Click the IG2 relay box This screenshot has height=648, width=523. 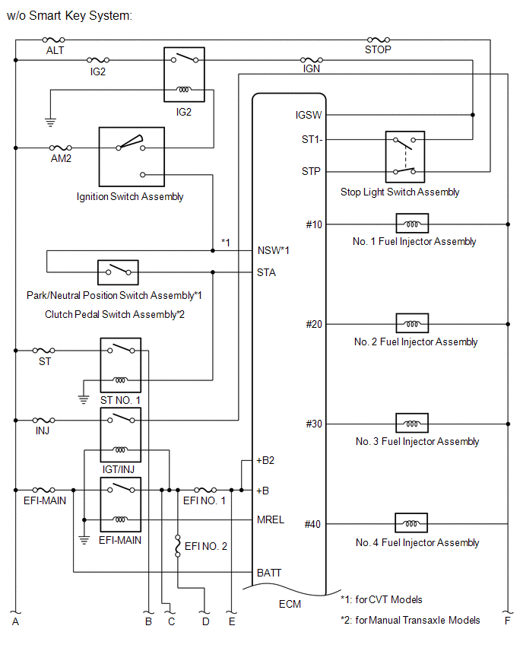click(183, 74)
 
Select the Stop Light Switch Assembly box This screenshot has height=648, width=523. click(404, 157)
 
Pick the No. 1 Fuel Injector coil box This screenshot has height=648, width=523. click(411, 224)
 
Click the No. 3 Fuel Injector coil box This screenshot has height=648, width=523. click(411, 424)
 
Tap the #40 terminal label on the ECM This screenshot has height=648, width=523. click(313, 524)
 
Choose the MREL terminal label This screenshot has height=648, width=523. click(271, 519)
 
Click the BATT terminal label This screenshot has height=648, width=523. click(270, 571)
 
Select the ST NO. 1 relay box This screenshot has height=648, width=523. click(120, 366)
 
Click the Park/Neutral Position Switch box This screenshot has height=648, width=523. click(118, 272)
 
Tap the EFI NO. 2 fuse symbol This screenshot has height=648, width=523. click(178, 546)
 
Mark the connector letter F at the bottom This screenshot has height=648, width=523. click(506, 621)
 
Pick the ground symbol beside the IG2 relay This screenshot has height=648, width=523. click(50, 120)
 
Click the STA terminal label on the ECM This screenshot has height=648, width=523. click(267, 272)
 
